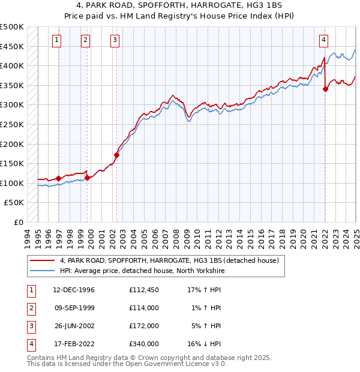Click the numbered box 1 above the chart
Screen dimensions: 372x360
(56, 40)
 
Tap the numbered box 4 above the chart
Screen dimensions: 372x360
(323, 40)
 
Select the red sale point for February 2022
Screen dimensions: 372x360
(325, 89)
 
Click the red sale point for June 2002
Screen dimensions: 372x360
(116, 155)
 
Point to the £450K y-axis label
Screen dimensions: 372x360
(12, 46)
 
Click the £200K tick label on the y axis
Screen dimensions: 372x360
(12, 144)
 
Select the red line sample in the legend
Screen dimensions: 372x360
(42, 261)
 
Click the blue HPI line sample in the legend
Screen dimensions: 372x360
(42, 271)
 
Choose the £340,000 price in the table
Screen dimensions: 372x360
(143, 344)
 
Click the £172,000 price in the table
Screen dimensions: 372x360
(143, 326)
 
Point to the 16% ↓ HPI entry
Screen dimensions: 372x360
(204, 344)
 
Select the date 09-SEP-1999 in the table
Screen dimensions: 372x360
(74, 308)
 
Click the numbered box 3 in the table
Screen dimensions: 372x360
(31, 326)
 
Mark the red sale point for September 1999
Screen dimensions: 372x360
(88, 178)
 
